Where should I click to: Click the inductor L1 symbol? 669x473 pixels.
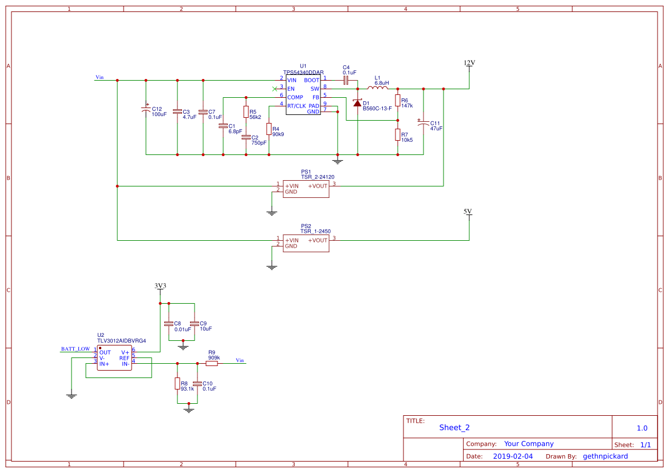377,88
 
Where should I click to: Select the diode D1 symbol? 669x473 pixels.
358,103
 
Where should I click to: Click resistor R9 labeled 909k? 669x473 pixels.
212,363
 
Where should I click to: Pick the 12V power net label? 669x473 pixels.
469,63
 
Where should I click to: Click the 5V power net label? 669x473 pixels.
468,212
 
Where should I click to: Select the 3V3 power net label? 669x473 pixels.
160,286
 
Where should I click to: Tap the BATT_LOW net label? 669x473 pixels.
76,348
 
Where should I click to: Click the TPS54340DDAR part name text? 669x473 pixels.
303,73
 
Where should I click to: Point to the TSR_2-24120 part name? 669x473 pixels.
318,177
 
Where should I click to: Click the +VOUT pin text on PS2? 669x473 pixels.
318,240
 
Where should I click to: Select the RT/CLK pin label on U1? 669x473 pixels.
296,106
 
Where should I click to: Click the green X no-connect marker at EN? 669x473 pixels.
274,89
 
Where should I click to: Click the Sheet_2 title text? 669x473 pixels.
454,427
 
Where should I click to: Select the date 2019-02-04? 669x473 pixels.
513,456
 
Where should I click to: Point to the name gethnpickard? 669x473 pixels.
605,456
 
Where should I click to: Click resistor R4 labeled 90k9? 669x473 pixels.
268,129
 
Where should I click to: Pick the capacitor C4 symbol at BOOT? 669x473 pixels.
346,81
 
